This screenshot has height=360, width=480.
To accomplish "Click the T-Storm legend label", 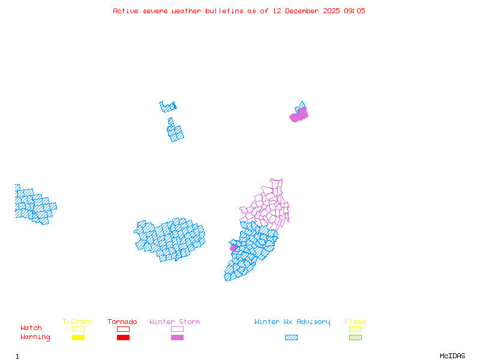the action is (x=77, y=322).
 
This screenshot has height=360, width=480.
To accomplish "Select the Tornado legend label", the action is (x=122, y=322).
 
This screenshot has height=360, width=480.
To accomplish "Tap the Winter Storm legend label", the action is (x=175, y=322).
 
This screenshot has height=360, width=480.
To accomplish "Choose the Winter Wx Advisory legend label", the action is (x=292, y=322).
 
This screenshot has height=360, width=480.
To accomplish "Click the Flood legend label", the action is (x=355, y=322).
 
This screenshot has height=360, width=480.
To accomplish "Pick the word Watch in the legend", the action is (x=31, y=328).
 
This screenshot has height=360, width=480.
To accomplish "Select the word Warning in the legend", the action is (x=35, y=337).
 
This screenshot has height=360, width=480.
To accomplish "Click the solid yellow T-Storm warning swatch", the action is (x=78, y=338).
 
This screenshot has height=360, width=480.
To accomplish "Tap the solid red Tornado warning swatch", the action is (x=123, y=338).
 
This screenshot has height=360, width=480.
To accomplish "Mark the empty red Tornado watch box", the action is (x=123, y=329).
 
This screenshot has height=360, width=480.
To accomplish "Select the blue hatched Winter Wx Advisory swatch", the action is (x=291, y=338).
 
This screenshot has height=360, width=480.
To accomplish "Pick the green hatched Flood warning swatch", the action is (x=355, y=338).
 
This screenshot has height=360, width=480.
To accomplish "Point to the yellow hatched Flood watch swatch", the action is (x=355, y=329).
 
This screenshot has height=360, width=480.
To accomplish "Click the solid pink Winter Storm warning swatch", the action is (x=177, y=338).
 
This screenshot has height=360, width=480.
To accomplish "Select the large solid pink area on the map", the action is (x=299, y=115).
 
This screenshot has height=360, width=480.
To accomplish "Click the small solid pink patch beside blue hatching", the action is (x=233, y=248).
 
